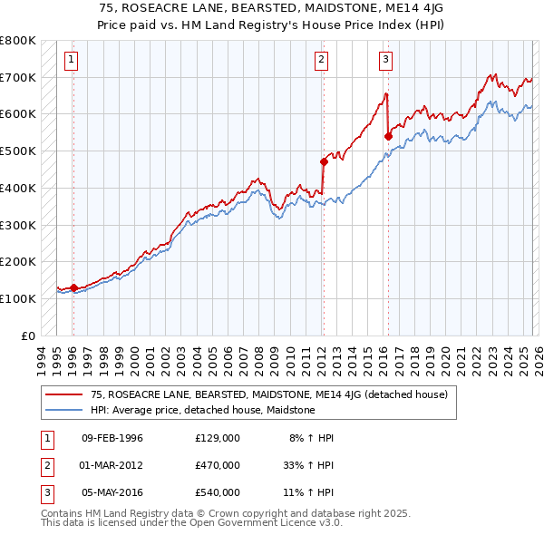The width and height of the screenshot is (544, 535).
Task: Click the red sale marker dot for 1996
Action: [73, 287]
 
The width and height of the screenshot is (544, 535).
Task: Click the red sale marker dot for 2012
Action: [323, 161]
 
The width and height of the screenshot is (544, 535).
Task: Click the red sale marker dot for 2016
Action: [388, 136]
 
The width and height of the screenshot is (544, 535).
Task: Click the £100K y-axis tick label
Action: [18, 298]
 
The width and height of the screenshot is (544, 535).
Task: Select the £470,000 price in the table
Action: [218, 465]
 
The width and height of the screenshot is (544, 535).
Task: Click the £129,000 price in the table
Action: [218, 438]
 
